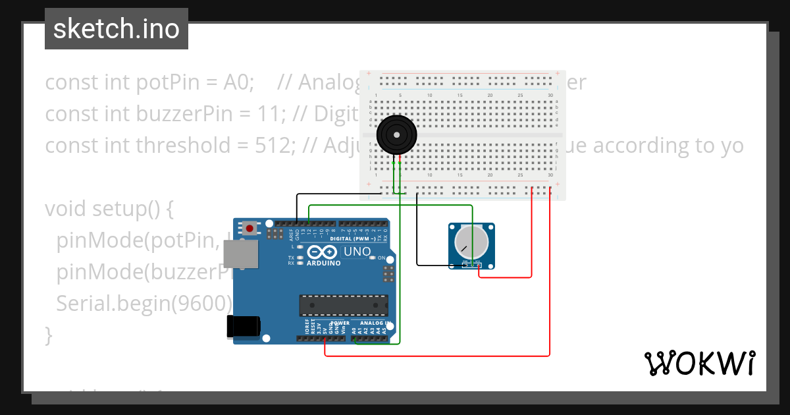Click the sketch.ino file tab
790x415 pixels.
(117, 29)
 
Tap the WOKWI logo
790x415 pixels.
(699, 363)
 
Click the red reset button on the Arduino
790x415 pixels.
(250, 229)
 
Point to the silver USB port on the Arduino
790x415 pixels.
(240, 254)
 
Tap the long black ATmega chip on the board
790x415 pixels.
(343, 306)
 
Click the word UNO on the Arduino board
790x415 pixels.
(358, 252)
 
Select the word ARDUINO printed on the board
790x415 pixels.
(323, 263)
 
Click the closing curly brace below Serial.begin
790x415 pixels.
(48, 334)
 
